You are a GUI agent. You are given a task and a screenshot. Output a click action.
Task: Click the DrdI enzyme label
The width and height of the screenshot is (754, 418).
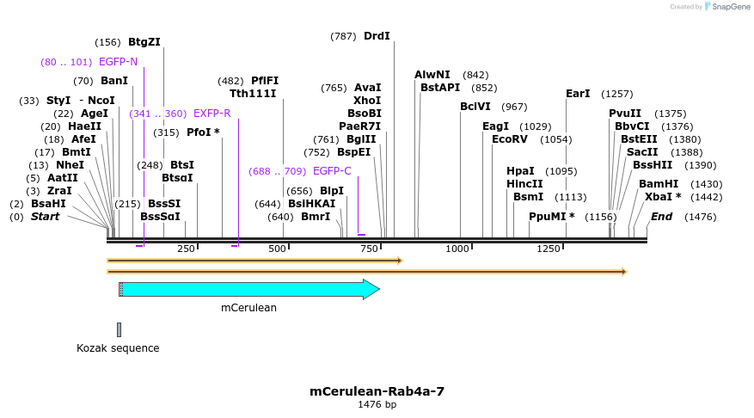coord(377,36)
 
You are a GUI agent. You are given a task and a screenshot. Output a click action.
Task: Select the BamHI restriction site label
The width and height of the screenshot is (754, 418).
coord(659,184)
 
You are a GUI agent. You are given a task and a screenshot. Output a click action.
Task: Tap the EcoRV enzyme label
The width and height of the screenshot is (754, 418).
coord(508,139)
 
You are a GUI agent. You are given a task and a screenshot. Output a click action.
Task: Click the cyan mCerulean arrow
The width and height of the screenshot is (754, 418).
coord(249,289)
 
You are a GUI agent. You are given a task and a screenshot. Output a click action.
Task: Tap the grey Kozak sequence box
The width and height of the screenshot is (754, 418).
coord(120,329)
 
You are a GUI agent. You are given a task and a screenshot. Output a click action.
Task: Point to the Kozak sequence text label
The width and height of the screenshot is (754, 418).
coord(118,348)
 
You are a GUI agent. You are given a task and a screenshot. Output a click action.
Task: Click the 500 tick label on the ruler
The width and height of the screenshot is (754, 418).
coord(278,249)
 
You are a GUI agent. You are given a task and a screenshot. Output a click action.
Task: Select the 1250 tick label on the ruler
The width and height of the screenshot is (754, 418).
coord(549,249)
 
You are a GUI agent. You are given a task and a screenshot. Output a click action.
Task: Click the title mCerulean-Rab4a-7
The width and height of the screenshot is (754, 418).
coord(377,391)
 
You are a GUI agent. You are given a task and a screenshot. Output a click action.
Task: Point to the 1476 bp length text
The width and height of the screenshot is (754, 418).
coord(377,404)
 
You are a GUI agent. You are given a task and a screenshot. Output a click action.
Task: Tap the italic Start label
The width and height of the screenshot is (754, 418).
coord(45,217)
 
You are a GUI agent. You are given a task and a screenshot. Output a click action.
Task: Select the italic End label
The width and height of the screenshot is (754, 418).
coord(661,217)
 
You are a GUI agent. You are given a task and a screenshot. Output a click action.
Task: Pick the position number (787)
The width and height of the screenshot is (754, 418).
coord(343,36)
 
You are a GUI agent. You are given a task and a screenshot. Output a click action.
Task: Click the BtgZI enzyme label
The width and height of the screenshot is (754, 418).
coord(144,41)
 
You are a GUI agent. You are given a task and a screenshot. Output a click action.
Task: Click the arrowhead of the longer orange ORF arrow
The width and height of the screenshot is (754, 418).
coord(624,272)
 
